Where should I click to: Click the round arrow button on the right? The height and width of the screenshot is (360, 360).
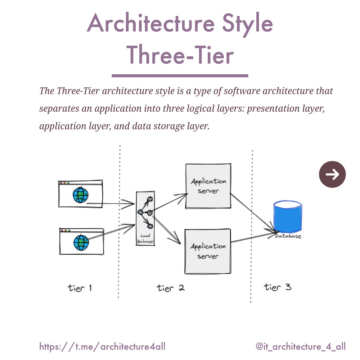coord(332,174)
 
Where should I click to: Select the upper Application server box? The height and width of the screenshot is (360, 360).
coord(208,186)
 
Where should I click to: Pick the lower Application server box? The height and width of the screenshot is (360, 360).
coord(208,251)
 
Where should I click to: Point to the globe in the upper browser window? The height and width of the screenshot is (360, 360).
coord(81,195)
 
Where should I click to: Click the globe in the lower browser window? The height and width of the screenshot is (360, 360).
coord(82,243)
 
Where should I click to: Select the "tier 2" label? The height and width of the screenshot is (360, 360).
coord(171,287)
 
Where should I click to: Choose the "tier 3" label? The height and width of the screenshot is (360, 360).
coord(278,287)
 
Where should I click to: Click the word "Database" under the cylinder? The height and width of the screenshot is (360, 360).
coord(288,236)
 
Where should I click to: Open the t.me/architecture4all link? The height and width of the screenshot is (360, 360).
coord(102,347)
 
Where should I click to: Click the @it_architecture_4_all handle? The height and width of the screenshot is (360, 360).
coord(300,347)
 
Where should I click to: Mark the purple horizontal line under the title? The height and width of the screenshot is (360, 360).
coord(180,76)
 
